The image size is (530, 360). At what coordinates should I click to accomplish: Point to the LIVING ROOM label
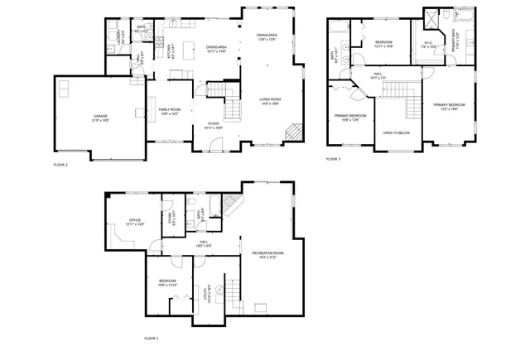(270, 101)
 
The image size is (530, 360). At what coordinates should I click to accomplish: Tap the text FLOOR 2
(60, 166)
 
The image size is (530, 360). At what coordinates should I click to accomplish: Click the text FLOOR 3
(333, 158)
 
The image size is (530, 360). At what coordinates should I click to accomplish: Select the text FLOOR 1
(152, 338)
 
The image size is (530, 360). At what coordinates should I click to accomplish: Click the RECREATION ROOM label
(262, 253)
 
